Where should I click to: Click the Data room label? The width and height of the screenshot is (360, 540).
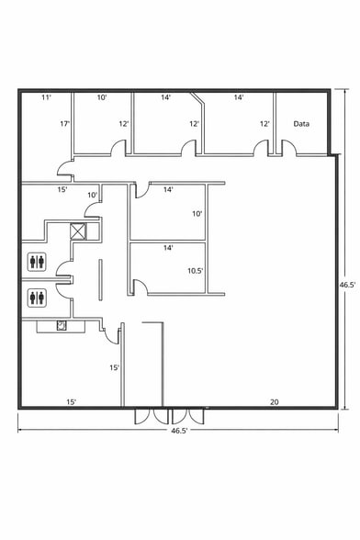click(300, 123)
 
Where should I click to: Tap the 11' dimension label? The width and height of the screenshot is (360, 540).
click(46, 96)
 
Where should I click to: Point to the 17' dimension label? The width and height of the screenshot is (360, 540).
click(65, 123)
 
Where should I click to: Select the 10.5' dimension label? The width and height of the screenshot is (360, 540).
click(195, 271)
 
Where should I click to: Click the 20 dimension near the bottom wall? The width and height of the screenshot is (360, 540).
click(274, 401)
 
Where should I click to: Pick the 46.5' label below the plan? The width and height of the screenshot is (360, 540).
click(180, 430)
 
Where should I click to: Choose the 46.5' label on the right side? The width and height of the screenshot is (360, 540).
click(347, 285)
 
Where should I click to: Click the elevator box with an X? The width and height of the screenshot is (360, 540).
click(78, 231)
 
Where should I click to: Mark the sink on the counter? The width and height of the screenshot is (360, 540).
click(62, 325)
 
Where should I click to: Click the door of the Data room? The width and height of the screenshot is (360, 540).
click(287, 146)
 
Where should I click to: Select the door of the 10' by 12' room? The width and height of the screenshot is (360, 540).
click(118, 147)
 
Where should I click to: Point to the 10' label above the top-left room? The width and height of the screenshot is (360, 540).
click(103, 96)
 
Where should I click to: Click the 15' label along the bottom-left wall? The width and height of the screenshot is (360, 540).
click(71, 401)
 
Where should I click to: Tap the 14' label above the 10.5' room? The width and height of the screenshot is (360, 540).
click(168, 248)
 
